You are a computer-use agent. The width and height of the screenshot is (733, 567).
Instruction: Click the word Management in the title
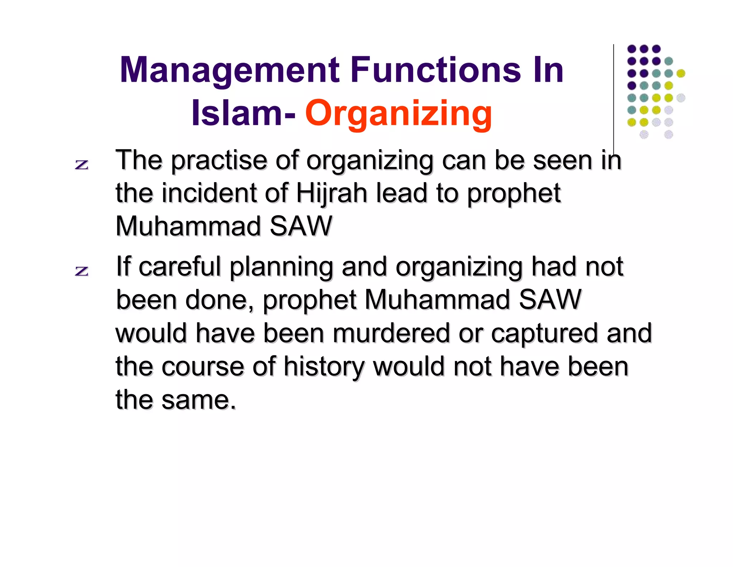(x=229, y=71)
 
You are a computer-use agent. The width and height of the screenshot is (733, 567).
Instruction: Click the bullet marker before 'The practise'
(x=82, y=165)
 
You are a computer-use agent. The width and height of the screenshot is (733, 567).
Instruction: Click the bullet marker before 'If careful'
(x=82, y=271)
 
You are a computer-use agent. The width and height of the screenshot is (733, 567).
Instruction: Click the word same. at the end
(x=199, y=400)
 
